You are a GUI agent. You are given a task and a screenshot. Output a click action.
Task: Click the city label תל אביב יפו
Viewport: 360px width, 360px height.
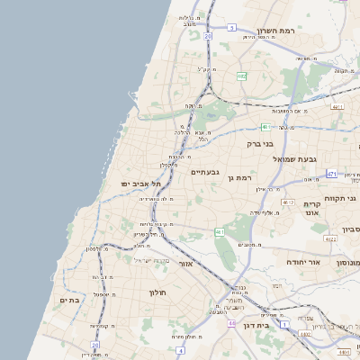130,184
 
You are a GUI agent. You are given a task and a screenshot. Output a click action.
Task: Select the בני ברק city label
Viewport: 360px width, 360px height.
259,143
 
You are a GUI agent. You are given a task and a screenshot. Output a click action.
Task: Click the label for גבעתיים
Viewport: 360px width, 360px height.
206,171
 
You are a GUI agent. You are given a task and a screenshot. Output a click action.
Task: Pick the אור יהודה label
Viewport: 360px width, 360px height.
302,263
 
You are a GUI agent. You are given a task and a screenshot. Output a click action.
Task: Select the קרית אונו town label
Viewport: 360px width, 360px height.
324,209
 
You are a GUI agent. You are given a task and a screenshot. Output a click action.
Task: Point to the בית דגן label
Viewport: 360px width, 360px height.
256,326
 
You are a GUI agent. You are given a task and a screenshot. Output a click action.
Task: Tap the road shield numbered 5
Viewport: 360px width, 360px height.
231,28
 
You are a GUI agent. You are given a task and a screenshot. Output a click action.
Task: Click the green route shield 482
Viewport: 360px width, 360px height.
242,76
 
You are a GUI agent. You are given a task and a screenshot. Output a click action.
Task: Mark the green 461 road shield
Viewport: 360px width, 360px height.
220,232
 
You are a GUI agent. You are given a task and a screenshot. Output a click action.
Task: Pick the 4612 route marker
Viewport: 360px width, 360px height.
287,202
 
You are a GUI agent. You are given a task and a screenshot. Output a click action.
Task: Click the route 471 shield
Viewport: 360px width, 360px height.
332,174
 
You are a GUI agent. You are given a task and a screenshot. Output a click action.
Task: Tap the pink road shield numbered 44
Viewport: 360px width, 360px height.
231,322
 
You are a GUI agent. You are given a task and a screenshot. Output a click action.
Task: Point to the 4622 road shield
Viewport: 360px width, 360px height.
331,239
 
